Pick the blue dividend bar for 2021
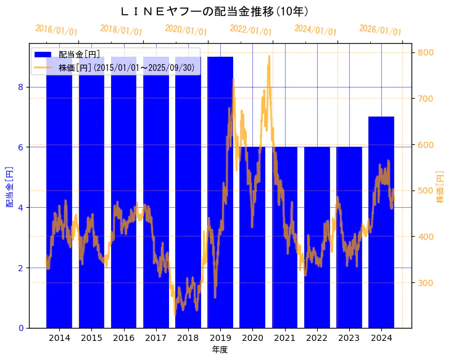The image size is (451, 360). pyautogui.click(x=284, y=247)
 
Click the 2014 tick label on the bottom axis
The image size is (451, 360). pyautogui.click(x=59, y=338)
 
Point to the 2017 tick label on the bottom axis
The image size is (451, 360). pyautogui.click(x=156, y=338)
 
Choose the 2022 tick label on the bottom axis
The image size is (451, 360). pyautogui.click(x=317, y=338)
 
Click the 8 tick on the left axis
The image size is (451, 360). pyautogui.click(x=20, y=87)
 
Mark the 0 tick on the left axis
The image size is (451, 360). pyautogui.click(x=20, y=328)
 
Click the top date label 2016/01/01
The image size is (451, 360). pyautogui.click(x=56, y=30)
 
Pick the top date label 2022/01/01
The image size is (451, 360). pyautogui.click(x=250, y=30)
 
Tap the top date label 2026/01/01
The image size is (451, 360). pyautogui.click(x=380, y=30)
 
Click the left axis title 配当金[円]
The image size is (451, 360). pyautogui.click(x=9, y=186)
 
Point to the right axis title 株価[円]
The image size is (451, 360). pyautogui.click(x=441, y=187)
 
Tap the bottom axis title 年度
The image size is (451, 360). pyautogui.click(x=220, y=350)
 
